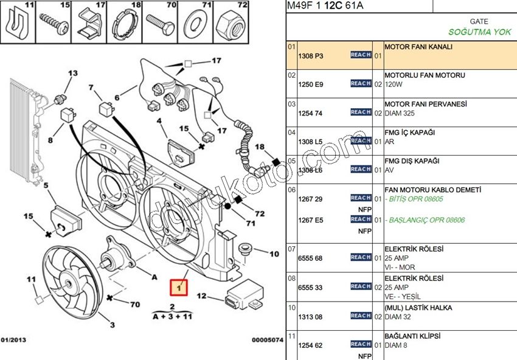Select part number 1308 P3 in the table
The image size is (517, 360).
310,55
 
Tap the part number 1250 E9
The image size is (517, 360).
310,84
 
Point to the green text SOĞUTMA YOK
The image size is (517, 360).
479,32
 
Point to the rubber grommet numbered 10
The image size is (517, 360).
246,249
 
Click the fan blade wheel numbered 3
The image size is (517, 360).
67,280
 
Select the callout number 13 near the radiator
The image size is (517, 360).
73,74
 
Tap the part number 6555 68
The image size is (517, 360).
310,258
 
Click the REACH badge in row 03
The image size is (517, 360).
361,112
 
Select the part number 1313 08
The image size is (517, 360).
310,316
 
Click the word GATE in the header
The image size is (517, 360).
479,21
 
